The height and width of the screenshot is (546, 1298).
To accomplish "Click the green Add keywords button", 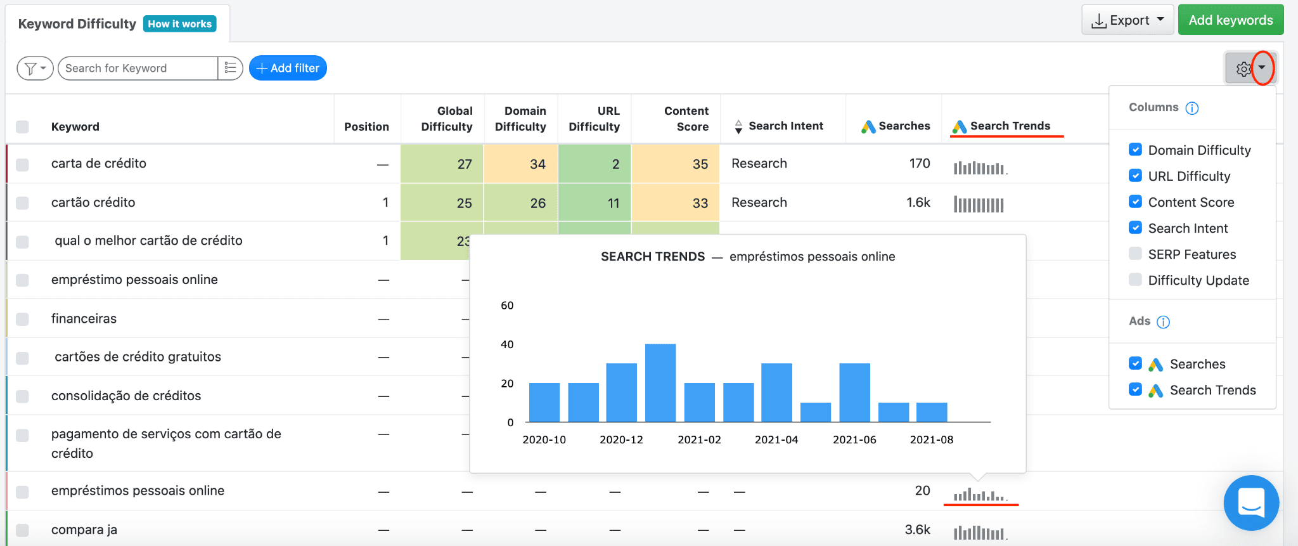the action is [x=1230, y=20].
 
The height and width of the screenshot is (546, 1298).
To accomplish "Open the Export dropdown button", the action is [x=1128, y=20].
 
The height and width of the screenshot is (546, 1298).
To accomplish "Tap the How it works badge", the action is [x=180, y=24].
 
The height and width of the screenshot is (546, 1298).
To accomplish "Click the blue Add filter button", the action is [x=288, y=68].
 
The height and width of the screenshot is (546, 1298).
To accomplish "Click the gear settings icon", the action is [x=1243, y=68].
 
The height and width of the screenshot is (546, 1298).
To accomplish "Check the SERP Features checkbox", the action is [x=1135, y=254].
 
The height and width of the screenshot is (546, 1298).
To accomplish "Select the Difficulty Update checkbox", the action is [x=1135, y=280].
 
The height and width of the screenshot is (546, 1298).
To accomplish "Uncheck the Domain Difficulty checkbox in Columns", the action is [x=1135, y=150].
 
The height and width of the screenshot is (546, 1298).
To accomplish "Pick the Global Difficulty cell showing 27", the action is [x=442, y=164].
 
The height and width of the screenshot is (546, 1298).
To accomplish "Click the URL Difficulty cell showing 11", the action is [x=594, y=203].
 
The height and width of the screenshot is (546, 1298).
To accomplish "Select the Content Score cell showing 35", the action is [x=676, y=164].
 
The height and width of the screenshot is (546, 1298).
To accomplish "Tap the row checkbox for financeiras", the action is [x=22, y=318].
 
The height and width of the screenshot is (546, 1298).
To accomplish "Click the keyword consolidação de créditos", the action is [x=126, y=396].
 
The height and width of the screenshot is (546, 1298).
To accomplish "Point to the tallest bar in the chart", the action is [x=660, y=383].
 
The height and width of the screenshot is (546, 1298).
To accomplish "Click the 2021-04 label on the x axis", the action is [x=776, y=439].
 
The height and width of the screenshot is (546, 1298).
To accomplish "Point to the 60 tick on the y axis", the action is [x=507, y=306].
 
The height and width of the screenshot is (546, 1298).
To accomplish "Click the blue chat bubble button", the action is [x=1251, y=502].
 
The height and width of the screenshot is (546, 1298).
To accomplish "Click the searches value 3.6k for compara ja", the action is [x=918, y=530].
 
